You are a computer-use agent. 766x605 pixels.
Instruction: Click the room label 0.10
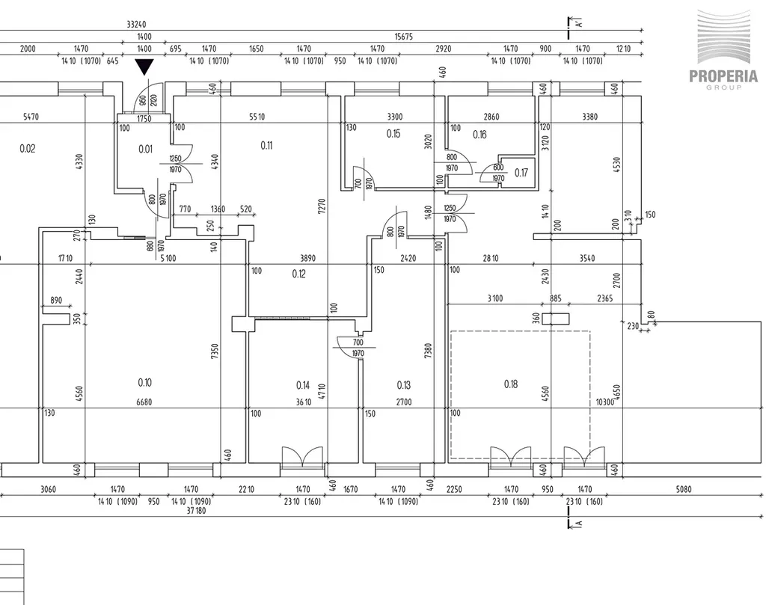pos(145,382)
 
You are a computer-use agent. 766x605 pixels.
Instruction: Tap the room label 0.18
pos(511,384)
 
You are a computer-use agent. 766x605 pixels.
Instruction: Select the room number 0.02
pos(27,148)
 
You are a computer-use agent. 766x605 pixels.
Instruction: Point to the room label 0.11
pos(266,145)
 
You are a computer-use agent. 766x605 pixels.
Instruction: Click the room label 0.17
pos(521,172)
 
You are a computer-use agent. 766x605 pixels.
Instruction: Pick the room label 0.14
pos(303,385)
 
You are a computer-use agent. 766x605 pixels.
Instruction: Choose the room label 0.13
pos(404,385)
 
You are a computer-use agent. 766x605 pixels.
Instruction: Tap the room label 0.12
pos(298,274)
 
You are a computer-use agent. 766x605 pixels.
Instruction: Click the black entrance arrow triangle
pos(144,67)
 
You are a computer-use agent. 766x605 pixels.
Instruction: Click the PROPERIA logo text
pos(723,76)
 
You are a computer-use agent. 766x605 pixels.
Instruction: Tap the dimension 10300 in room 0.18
pos(604,402)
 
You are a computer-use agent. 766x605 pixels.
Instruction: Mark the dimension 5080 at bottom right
pos(684,490)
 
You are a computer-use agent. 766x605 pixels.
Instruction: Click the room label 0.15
pos(394,134)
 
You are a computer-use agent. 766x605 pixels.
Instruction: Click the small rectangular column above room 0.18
pos(555,319)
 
